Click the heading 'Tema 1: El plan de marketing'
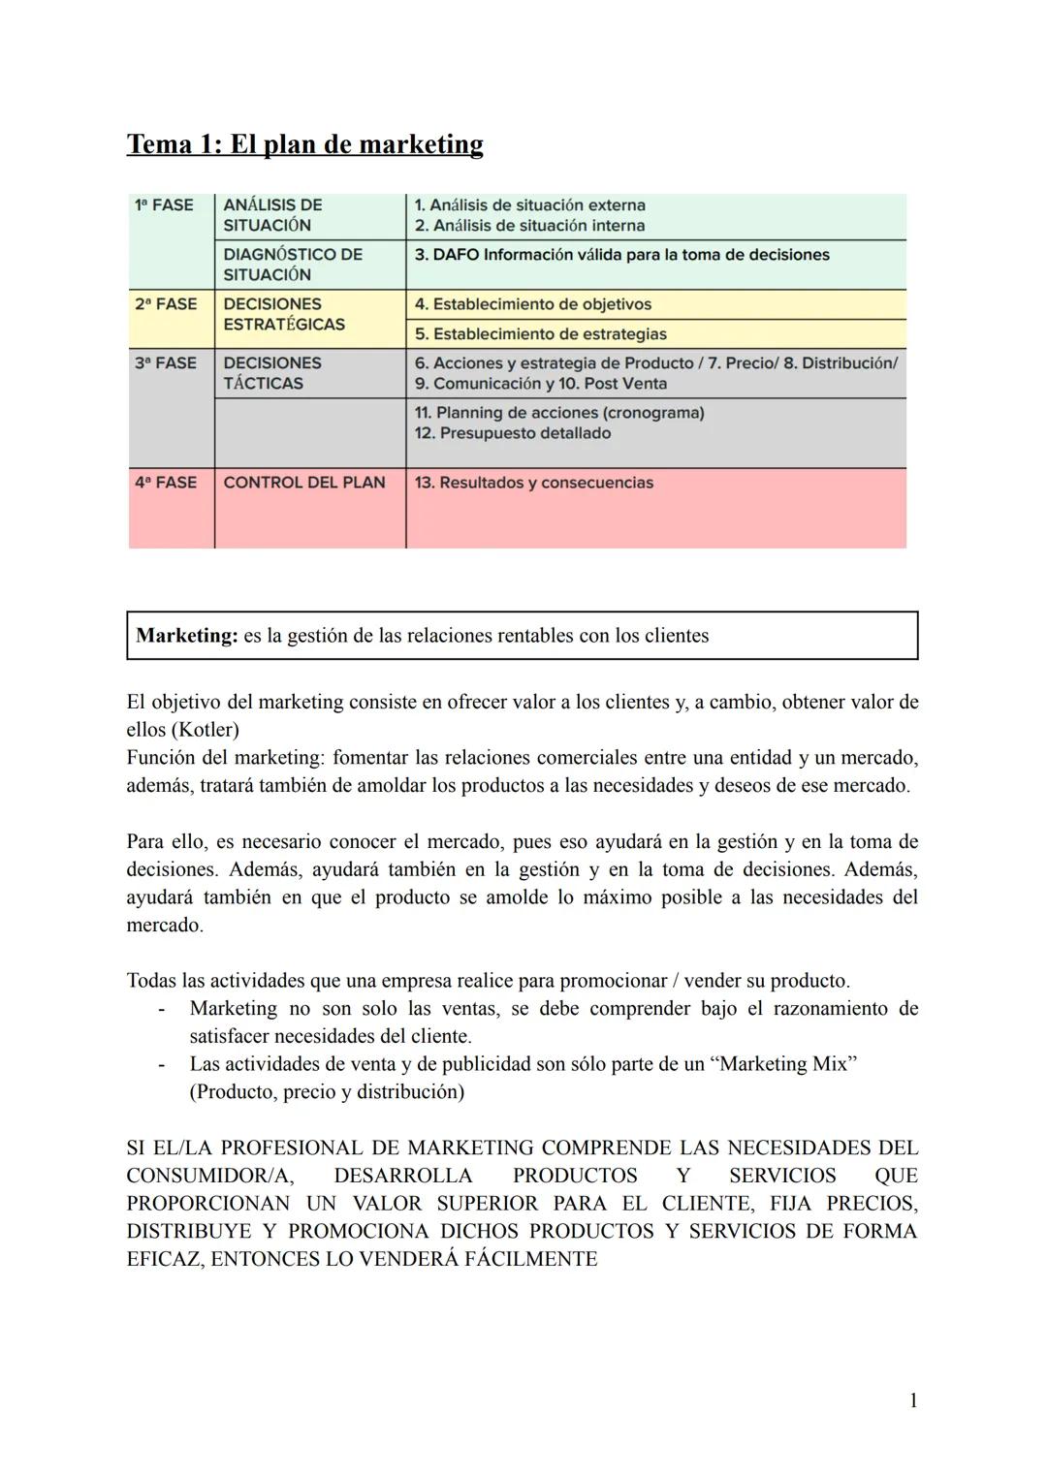304,144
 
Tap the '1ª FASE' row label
164,205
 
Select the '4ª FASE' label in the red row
165,483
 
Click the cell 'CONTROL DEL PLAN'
304,483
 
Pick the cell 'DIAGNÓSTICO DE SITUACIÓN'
292,265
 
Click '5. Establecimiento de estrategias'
540,334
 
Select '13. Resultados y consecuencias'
533,483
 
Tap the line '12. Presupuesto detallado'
512,433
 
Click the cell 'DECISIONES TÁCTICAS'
271,373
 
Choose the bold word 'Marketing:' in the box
186,636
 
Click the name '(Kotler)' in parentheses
205,730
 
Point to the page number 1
913,1399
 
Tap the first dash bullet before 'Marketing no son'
162,1009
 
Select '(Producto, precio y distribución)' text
327,1092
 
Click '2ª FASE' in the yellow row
165,304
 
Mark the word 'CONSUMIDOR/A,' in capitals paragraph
209,1176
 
